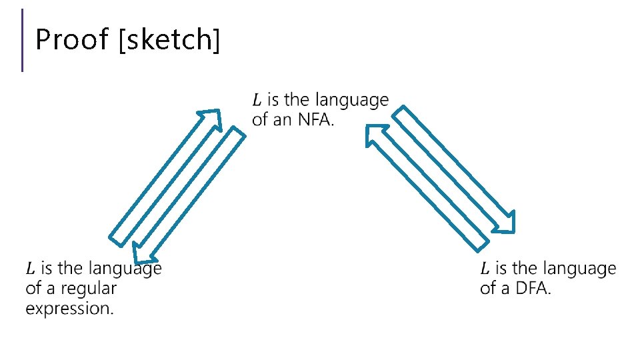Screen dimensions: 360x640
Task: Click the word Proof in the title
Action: click(x=71, y=40)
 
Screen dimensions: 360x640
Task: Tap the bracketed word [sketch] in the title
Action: click(x=169, y=41)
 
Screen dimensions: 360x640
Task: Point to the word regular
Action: click(x=89, y=289)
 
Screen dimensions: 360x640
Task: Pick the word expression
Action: click(x=70, y=309)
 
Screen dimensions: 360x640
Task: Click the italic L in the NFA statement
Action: click(x=257, y=100)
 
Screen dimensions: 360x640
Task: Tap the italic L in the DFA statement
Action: click(x=485, y=269)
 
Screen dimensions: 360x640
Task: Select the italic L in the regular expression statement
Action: click(x=31, y=269)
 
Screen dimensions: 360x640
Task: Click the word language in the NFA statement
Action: click(x=352, y=101)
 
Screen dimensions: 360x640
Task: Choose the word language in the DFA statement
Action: click(x=579, y=269)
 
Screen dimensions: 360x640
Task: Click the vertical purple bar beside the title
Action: click(x=23, y=40)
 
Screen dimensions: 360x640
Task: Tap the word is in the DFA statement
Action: click(x=502, y=269)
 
